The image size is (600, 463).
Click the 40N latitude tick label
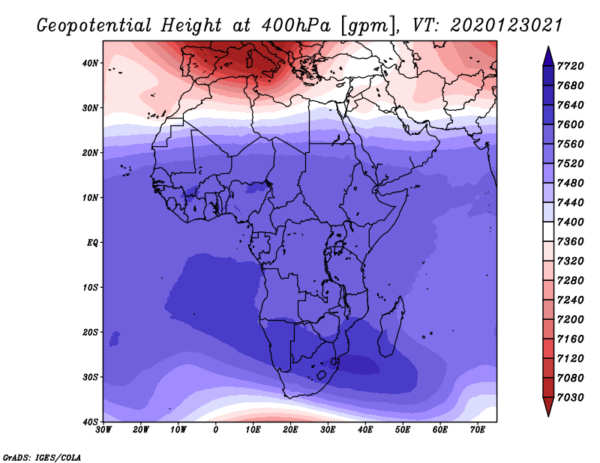pos(89,63)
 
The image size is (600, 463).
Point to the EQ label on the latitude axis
pos(92,243)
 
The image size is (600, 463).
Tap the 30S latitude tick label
pos(90,378)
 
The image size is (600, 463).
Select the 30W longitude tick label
pos(103,430)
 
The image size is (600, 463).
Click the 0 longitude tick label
pos(216,430)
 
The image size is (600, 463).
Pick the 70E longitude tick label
pos(478,430)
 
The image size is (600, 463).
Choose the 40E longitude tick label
pos(365,430)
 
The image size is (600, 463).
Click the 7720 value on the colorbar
pos(570,66)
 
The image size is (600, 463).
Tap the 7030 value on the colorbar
pos(570,398)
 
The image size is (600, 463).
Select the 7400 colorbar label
pos(570,222)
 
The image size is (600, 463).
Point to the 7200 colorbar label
pos(570,320)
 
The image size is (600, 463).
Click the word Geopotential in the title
pos(94,26)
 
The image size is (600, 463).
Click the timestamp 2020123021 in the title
pos(506,25)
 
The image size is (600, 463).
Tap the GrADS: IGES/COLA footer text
pos(42,458)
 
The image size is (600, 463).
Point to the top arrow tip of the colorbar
pos(548,46)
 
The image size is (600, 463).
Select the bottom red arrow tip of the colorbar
pos(548,416)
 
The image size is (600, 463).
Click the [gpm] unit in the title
pos(368,26)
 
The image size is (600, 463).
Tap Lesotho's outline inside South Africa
pos(322,375)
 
